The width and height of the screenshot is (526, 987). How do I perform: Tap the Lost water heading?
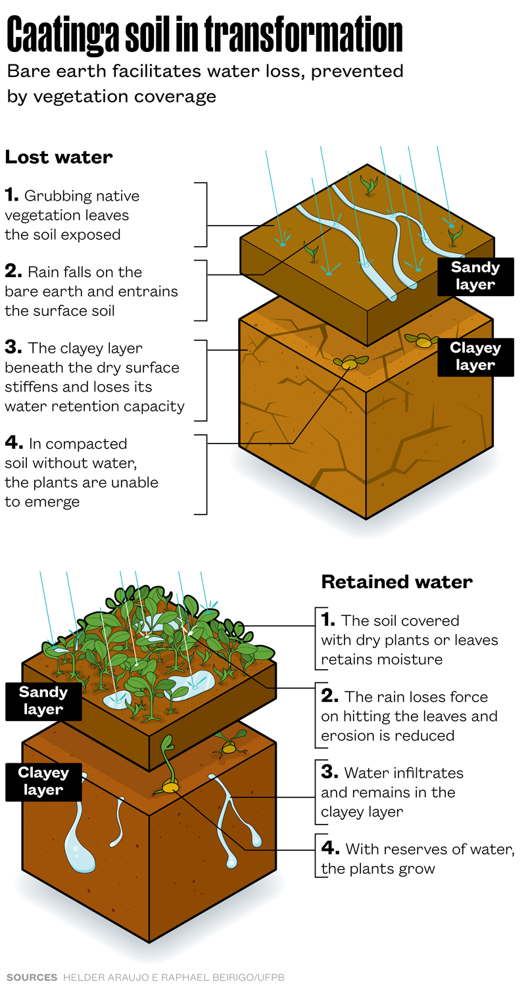59,157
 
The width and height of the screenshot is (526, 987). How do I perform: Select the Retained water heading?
396,582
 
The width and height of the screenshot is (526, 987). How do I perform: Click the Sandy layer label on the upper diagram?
475,276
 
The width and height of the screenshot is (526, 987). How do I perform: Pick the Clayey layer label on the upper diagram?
475,357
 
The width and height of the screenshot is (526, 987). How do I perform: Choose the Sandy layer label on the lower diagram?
43,700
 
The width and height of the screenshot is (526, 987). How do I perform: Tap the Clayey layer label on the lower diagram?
43,781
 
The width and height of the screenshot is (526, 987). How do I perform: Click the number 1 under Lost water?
11,195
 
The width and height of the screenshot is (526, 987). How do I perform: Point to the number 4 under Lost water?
12,443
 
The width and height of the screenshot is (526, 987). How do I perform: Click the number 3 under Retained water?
329,772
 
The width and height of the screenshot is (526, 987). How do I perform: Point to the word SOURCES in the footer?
31,977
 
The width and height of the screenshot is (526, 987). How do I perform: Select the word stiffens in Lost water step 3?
30,386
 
